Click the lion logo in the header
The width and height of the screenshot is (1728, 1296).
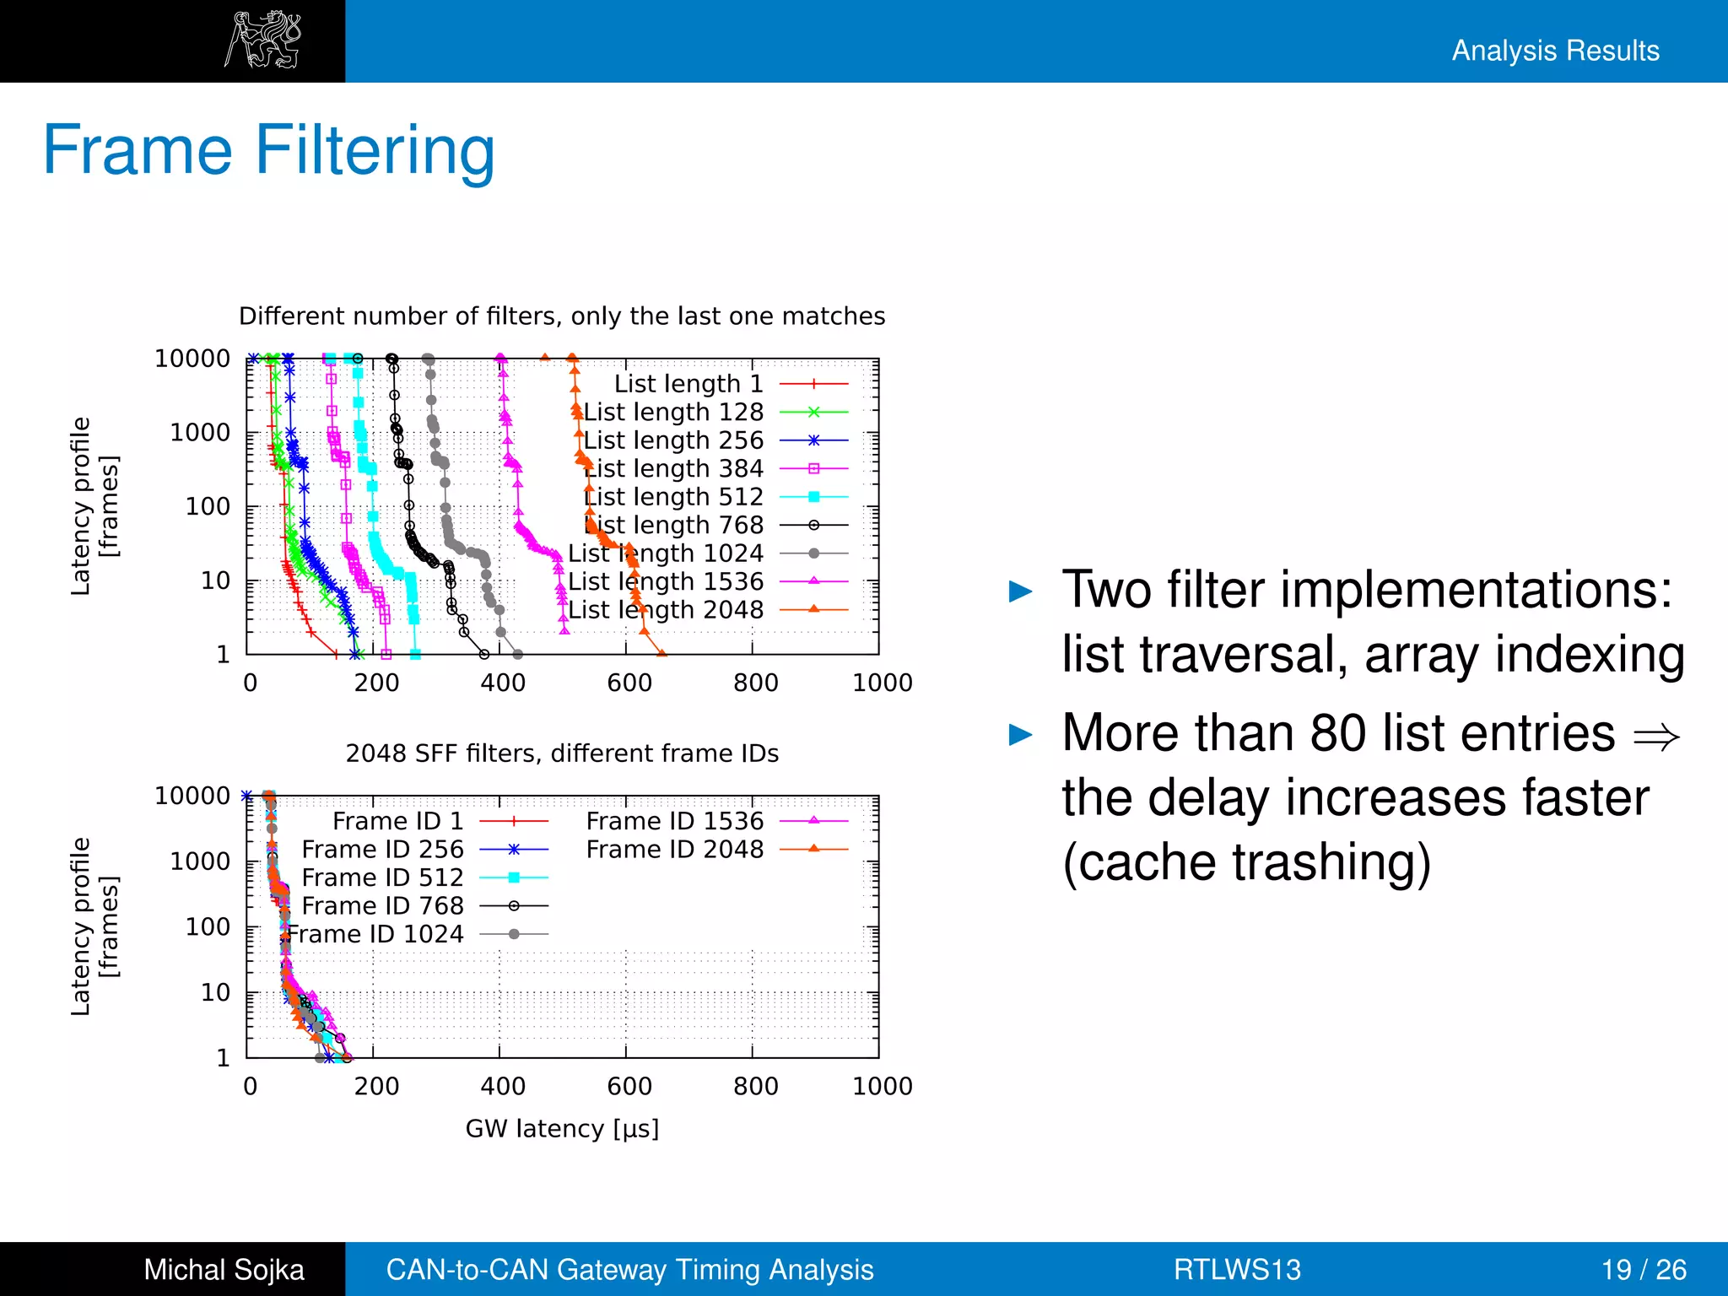coord(262,40)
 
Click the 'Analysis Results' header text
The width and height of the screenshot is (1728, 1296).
coord(1555,51)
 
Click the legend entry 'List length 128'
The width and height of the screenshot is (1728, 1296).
coord(672,412)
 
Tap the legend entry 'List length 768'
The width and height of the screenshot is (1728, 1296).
coord(675,525)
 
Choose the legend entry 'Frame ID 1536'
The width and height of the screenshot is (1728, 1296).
coord(674,821)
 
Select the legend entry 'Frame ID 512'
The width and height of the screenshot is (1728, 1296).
coord(382,877)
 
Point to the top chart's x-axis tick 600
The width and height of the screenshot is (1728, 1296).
coord(629,683)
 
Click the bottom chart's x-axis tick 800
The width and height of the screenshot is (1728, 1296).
coord(755,1086)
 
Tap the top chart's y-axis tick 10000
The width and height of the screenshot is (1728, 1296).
coord(192,359)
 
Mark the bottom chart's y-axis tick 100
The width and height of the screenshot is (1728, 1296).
coord(208,926)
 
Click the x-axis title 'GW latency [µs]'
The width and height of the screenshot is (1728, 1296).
coord(562,1128)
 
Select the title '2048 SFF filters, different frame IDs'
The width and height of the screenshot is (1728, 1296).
coord(562,753)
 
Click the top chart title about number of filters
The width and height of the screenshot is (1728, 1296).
coord(562,316)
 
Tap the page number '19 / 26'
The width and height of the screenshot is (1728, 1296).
coord(1643,1269)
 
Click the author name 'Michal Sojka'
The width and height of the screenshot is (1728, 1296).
coord(224,1269)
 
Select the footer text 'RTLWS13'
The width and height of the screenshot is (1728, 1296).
coord(1237,1269)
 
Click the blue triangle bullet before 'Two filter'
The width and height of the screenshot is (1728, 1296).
coord(1021,591)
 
